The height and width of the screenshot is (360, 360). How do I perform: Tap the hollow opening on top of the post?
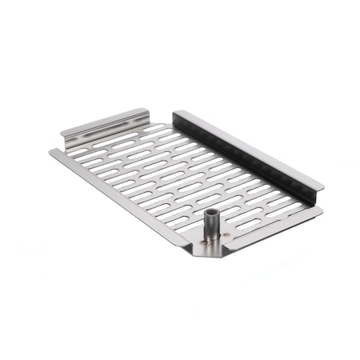[x=212, y=214]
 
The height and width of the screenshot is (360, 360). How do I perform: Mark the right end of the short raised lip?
[x=148, y=111]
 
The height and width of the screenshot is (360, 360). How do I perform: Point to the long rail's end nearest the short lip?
[x=176, y=114]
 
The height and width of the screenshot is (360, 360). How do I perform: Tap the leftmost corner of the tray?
[x=50, y=152]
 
